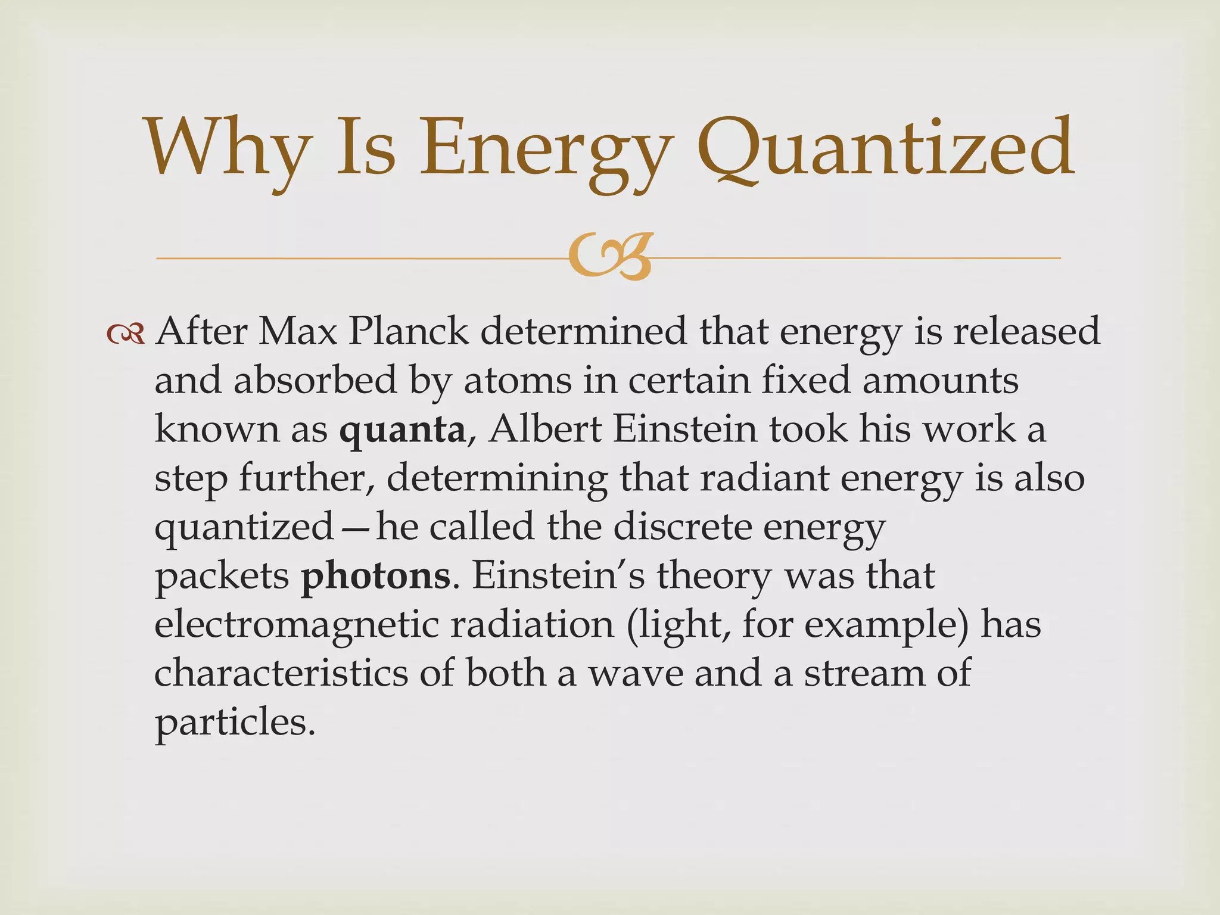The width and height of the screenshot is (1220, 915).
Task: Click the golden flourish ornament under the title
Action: coord(608,259)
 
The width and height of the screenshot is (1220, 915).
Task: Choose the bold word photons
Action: coord(376,576)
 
